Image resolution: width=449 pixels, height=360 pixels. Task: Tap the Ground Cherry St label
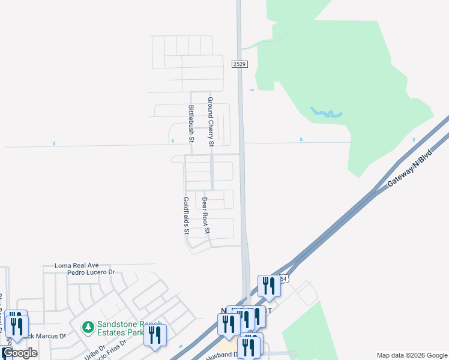[x=211, y=122]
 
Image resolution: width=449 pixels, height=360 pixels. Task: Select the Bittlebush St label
[x=191, y=124]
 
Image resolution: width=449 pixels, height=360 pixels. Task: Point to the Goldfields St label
[x=187, y=215]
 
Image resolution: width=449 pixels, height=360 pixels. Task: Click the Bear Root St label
[x=206, y=215]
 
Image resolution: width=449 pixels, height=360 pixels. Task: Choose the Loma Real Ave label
[x=76, y=265]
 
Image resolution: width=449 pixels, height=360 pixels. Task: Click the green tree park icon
[x=88, y=327]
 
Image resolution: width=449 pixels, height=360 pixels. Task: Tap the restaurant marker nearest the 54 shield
[x=268, y=286]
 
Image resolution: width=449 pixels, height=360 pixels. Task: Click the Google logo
[x=20, y=353]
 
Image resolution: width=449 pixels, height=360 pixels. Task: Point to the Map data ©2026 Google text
[x=411, y=355]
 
